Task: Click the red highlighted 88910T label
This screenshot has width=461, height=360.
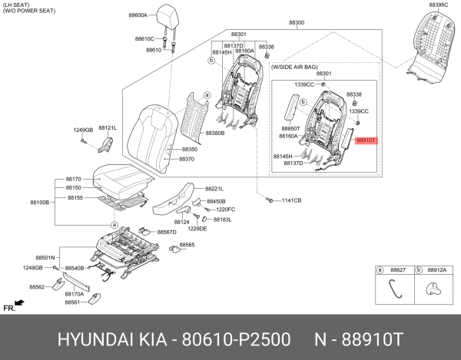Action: click(x=366, y=140)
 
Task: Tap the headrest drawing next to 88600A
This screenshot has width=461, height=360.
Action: click(x=167, y=17)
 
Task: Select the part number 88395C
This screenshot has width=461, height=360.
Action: click(x=439, y=5)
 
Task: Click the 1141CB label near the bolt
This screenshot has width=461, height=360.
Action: click(x=291, y=200)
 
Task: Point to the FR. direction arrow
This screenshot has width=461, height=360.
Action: click(x=19, y=302)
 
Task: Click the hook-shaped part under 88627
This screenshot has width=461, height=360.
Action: click(x=395, y=289)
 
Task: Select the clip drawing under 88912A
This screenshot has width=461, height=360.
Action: click(x=433, y=289)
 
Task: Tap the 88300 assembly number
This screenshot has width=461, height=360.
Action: click(x=297, y=22)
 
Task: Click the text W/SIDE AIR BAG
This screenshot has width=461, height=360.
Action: click(x=294, y=68)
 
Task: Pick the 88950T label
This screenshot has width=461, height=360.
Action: click(x=290, y=129)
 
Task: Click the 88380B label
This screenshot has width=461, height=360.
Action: click(x=215, y=134)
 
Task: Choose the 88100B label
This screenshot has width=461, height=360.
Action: click(x=40, y=203)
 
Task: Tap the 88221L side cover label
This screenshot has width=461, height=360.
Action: click(x=214, y=189)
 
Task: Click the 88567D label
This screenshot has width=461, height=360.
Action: click(x=167, y=233)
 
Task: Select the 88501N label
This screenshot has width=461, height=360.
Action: click(x=45, y=258)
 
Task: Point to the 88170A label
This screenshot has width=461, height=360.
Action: click(x=75, y=294)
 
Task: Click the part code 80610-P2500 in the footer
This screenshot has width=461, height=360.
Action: click(x=236, y=340)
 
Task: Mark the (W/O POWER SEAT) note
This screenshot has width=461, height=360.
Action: click(x=29, y=11)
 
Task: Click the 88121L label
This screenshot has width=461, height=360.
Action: click(x=108, y=128)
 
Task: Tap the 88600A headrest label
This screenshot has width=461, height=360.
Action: click(x=138, y=15)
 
